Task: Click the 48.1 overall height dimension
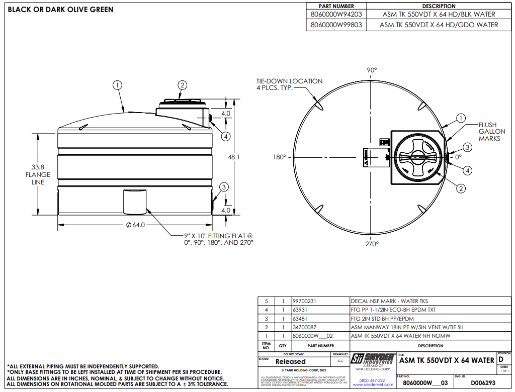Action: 234,157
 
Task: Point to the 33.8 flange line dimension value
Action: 38,167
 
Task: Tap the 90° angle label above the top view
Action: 372,70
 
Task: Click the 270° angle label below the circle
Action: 372,244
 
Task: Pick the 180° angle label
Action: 280,157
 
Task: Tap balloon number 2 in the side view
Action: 183,85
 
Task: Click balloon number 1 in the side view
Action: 117,85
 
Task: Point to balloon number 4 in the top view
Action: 468,171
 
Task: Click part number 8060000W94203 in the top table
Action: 336,15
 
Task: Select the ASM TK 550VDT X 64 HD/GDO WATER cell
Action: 439,25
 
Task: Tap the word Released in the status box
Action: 290,361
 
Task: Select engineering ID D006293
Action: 474,383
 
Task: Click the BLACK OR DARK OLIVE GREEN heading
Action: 60,10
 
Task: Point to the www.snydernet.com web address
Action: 373,384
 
